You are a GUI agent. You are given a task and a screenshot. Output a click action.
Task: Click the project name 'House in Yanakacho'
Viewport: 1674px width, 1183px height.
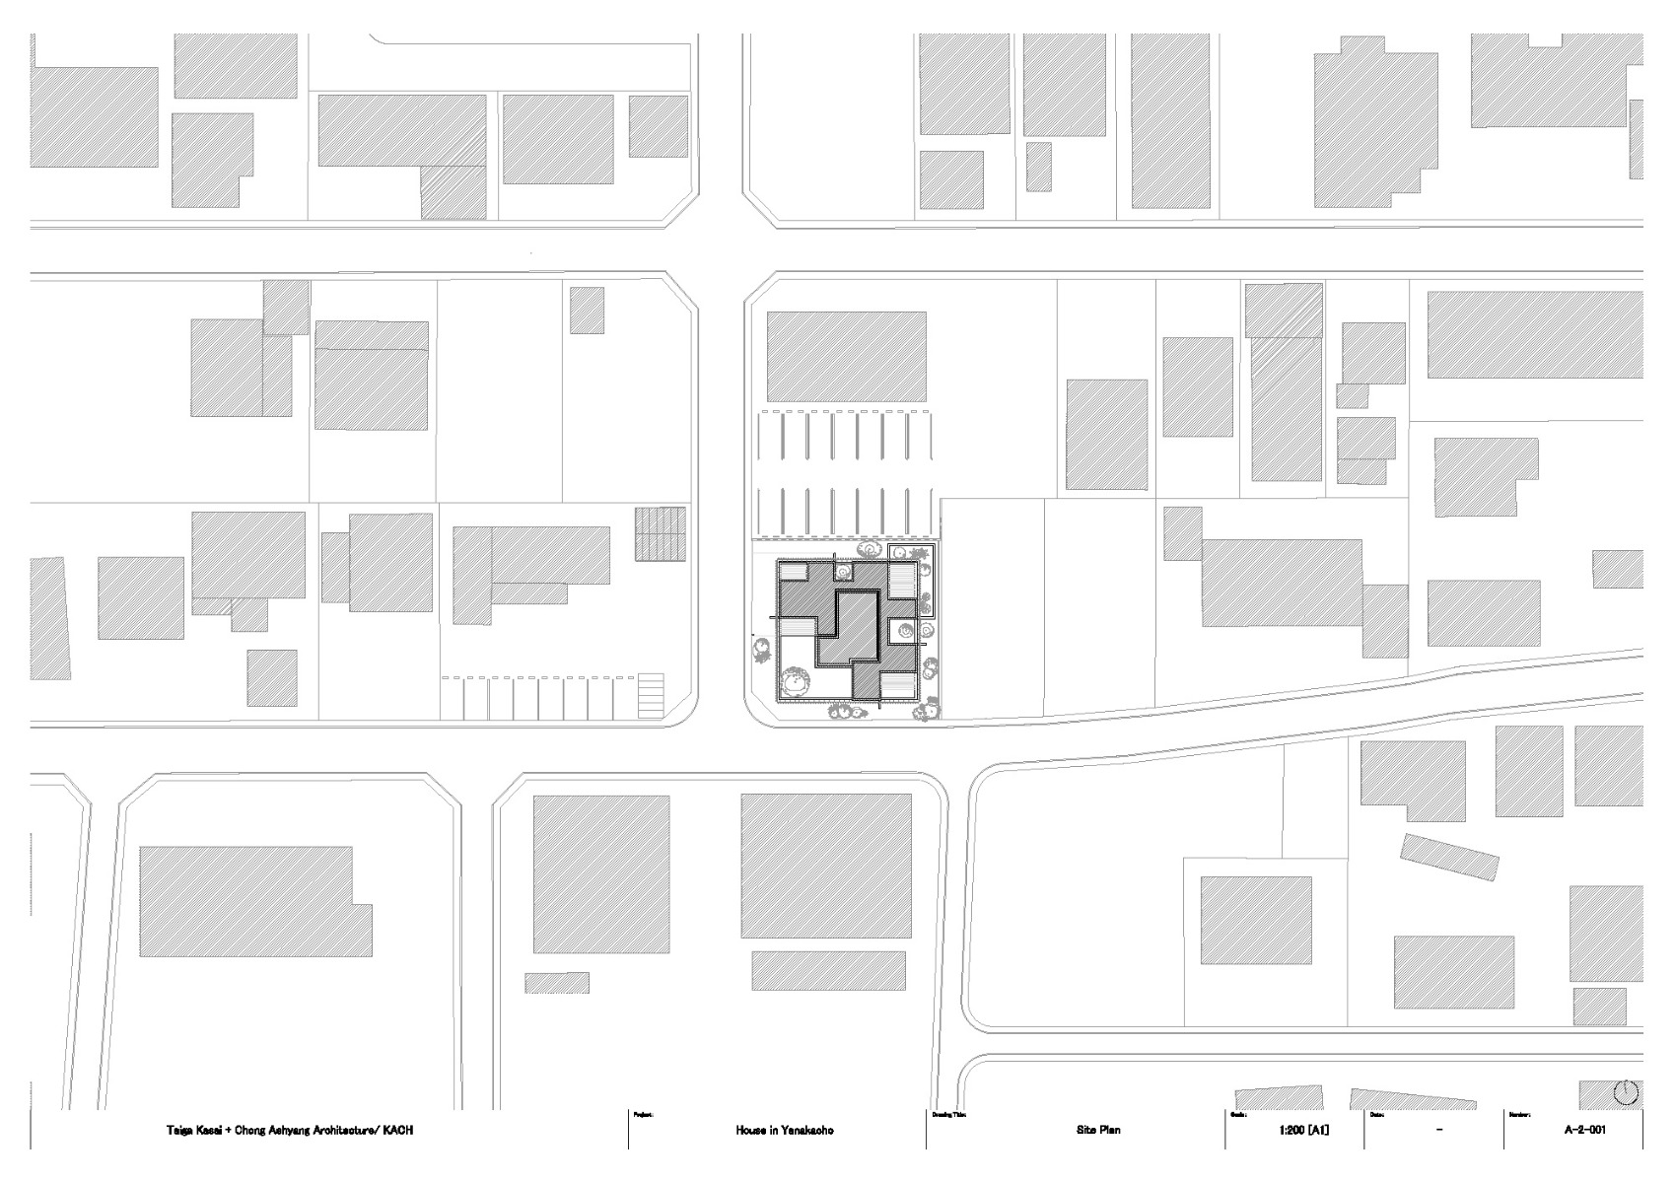pos(784,1130)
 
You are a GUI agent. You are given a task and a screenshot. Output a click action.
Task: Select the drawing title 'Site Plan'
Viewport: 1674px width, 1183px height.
pos(1098,1130)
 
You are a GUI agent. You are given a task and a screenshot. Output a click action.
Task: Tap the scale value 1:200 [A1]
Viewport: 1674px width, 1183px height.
pos(1301,1130)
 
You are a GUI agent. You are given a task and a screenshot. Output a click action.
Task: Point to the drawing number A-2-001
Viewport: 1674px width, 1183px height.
pos(1584,1130)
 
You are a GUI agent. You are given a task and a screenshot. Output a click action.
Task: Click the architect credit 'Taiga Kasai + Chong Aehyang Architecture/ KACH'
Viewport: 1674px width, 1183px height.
pos(289,1130)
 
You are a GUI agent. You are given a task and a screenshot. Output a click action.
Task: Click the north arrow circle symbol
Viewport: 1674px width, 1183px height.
pos(1627,1092)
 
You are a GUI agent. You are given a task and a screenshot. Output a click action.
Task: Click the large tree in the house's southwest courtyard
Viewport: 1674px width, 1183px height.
pos(795,682)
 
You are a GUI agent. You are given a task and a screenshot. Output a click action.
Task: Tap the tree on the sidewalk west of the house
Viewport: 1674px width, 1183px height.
pos(761,651)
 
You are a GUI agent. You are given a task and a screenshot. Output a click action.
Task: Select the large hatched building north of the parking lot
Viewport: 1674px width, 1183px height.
pos(846,357)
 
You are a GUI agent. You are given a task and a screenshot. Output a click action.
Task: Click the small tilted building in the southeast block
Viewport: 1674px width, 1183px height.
pos(1449,858)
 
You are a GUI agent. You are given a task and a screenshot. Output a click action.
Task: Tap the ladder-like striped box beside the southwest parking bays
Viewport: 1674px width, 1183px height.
pos(652,696)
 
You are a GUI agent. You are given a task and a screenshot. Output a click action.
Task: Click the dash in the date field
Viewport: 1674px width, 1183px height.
pos(1440,1130)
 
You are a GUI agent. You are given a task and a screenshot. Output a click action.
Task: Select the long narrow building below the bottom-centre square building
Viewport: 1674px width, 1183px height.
pos(828,971)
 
